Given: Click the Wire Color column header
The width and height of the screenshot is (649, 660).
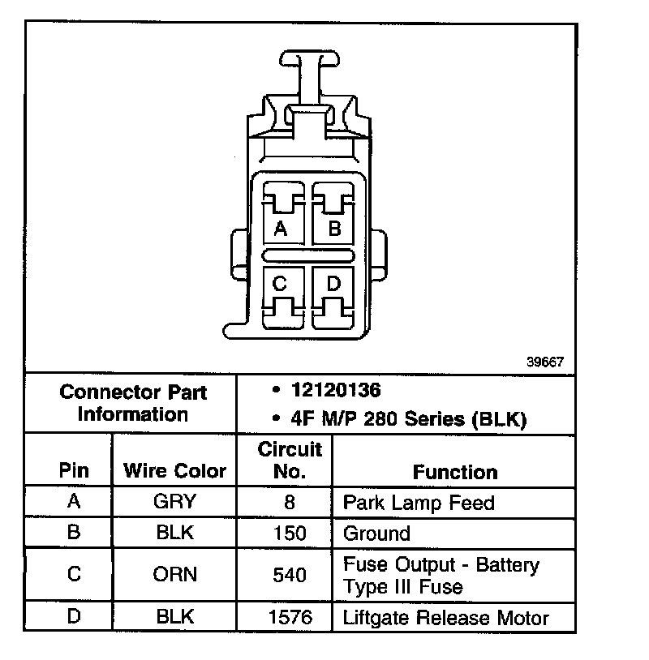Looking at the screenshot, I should (x=174, y=471).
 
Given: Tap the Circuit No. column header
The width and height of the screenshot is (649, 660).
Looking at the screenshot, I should (x=290, y=460).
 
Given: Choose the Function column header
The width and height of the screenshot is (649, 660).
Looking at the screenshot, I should (x=455, y=472).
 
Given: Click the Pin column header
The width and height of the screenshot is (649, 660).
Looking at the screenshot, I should (x=74, y=471).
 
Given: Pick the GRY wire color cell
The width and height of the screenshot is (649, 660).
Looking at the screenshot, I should (x=174, y=502).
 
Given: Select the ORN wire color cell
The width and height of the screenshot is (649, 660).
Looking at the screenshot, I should (x=174, y=574).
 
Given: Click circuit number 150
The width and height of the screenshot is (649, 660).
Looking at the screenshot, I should (x=290, y=534).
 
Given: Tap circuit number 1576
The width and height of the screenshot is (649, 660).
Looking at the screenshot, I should (x=290, y=617).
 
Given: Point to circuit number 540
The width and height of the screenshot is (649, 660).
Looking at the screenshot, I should (x=290, y=575).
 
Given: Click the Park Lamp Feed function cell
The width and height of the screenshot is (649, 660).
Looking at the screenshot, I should (x=419, y=503).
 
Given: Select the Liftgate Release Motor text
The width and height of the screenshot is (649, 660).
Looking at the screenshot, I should (x=446, y=618).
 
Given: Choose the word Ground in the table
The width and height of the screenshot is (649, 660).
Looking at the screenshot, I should (x=376, y=534).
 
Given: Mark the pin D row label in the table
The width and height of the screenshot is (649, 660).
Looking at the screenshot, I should (x=74, y=616).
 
